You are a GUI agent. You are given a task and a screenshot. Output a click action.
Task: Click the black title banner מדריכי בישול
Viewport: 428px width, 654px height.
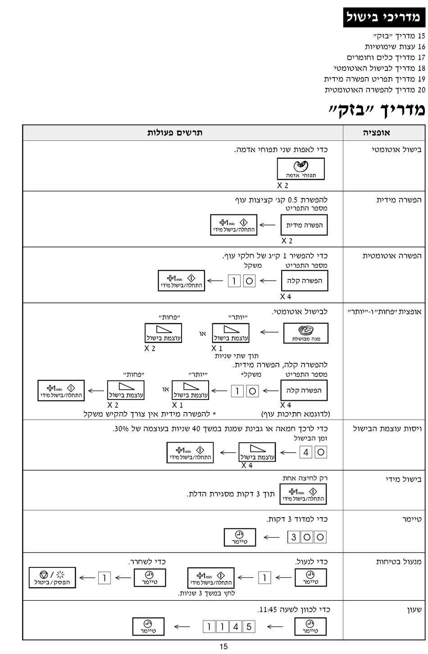coord(384,17)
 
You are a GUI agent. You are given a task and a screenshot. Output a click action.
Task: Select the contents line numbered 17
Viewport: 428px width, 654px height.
coord(386,57)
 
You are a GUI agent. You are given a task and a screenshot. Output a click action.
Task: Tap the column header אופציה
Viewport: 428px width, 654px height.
coord(376,133)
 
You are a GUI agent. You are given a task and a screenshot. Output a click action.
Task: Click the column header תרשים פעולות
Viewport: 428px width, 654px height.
coord(174,133)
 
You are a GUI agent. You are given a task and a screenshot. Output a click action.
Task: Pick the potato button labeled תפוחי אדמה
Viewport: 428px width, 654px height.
coord(301,169)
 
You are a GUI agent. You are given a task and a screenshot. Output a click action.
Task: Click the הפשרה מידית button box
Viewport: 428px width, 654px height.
coord(304,225)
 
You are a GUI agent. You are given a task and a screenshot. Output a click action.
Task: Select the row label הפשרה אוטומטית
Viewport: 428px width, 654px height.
coord(392,256)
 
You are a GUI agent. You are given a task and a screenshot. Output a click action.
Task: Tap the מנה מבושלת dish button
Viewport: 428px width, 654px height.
coord(306,333)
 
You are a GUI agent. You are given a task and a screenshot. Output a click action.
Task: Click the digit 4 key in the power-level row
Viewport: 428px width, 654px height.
coord(305,452)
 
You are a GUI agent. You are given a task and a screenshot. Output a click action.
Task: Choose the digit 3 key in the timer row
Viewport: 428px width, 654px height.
coord(294,537)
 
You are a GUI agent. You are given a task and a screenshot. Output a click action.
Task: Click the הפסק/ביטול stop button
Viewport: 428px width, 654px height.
coord(52,578)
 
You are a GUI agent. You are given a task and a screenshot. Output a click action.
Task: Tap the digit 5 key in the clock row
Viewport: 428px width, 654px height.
coord(249,626)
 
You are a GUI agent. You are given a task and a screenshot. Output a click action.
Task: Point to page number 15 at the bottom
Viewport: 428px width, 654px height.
coord(224,646)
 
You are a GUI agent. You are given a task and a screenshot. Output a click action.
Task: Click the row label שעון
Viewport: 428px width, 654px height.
coord(414,609)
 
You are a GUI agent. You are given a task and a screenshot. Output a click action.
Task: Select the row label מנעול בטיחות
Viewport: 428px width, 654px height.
coord(399,561)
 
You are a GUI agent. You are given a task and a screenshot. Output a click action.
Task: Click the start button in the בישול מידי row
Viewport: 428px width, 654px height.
coord(303,494)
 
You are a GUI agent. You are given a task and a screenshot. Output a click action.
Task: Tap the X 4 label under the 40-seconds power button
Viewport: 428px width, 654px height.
coord(247,465)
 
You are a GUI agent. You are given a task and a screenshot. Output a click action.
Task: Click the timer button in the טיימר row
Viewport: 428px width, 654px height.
coord(240,537)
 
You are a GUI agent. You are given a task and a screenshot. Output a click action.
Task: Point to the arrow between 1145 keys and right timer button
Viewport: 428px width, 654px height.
coord(275,626)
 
